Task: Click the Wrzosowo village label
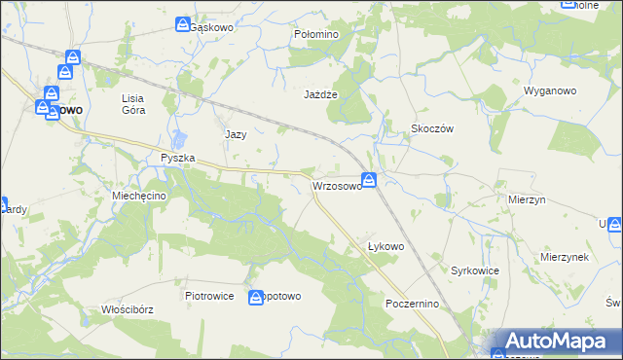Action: coord(337,185)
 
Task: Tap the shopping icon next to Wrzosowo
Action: coord(370,179)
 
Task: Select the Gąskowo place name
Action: coord(213,27)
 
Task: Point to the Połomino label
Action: coord(315,34)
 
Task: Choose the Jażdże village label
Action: coord(320,94)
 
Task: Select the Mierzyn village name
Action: coord(527,198)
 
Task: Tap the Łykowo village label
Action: coord(385,246)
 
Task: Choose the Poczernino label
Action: coord(413,304)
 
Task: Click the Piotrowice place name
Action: coord(209,296)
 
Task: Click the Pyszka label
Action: coord(178,158)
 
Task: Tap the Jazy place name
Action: coord(236,134)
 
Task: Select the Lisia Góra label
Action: coord(133,104)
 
